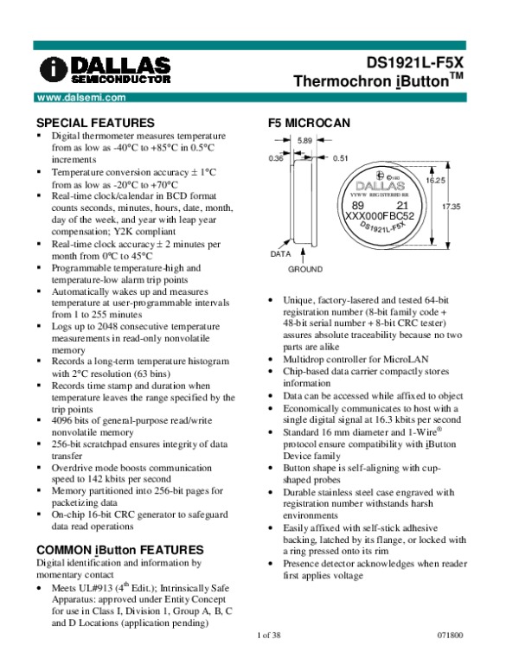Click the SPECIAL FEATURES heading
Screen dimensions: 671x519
point(94,123)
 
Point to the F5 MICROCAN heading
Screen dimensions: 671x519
point(310,123)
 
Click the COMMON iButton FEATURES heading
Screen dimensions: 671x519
point(119,550)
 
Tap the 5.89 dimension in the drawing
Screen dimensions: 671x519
point(304,141)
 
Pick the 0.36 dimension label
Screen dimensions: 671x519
point(277,158)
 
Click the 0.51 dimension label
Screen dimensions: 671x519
point(339,158)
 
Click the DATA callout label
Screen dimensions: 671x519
point(280,255)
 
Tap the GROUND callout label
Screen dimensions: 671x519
point(305,270)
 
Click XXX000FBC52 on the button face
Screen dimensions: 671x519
point(380,215)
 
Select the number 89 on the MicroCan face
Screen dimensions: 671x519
point(358,205)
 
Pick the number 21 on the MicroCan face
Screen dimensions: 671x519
point(401,205)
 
